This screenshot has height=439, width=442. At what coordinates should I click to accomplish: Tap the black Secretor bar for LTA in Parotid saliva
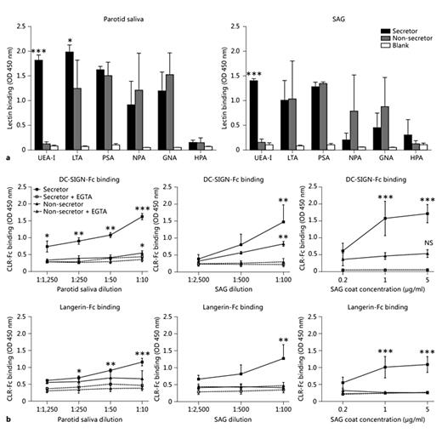(69, 101)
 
